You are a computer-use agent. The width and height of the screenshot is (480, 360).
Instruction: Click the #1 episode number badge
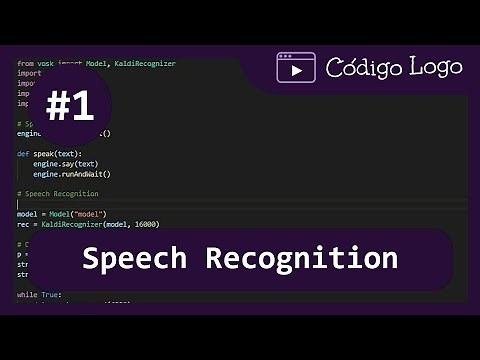click(70, 107)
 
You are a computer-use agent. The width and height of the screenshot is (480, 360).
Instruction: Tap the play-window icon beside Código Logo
click(296, 68)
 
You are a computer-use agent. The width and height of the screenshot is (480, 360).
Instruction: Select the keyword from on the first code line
click(24, 64)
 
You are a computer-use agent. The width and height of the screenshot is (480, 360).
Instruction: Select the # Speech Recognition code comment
click(58, 193)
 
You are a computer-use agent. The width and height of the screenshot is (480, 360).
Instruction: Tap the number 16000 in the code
click(144, 224)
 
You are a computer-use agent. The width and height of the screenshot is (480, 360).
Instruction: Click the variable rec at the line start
click(23, 224)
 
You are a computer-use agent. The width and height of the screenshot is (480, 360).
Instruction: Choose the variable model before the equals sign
click(27, 214)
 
